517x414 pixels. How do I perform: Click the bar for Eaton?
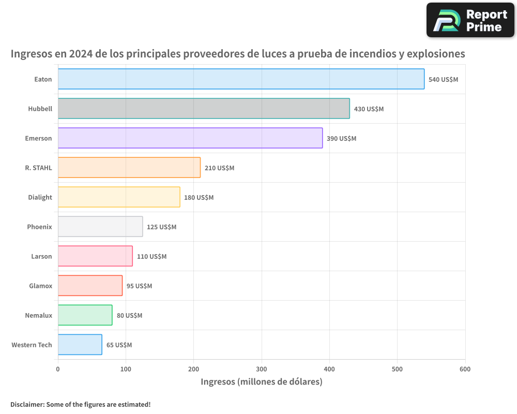(241, 79)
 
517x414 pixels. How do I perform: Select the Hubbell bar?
(204, 109)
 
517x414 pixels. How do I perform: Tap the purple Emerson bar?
(190, 138)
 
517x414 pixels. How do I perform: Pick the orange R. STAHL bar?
(129, 168)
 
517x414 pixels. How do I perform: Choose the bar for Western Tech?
(80, 345)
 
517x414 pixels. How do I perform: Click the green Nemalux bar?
(85, 315)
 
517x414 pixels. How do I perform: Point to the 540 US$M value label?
(443, 80)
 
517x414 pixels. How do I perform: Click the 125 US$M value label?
(161, 227)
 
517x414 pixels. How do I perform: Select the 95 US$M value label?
(139, 286)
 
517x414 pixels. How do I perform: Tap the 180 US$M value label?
(199, 198)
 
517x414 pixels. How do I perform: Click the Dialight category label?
(40, 197)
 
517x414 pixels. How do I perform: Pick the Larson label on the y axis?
(41, 256)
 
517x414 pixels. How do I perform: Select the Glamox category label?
(40, 286)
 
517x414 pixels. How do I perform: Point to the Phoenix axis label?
(39, 227)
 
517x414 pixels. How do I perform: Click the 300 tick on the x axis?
(262, 369)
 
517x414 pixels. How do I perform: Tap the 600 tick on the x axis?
(465, 369)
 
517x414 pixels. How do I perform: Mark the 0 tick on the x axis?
(58, 369)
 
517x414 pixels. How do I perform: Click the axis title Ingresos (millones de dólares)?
(262, 382)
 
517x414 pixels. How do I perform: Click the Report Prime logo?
(470, 20)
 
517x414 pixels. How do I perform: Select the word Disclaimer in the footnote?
(26, 404)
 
